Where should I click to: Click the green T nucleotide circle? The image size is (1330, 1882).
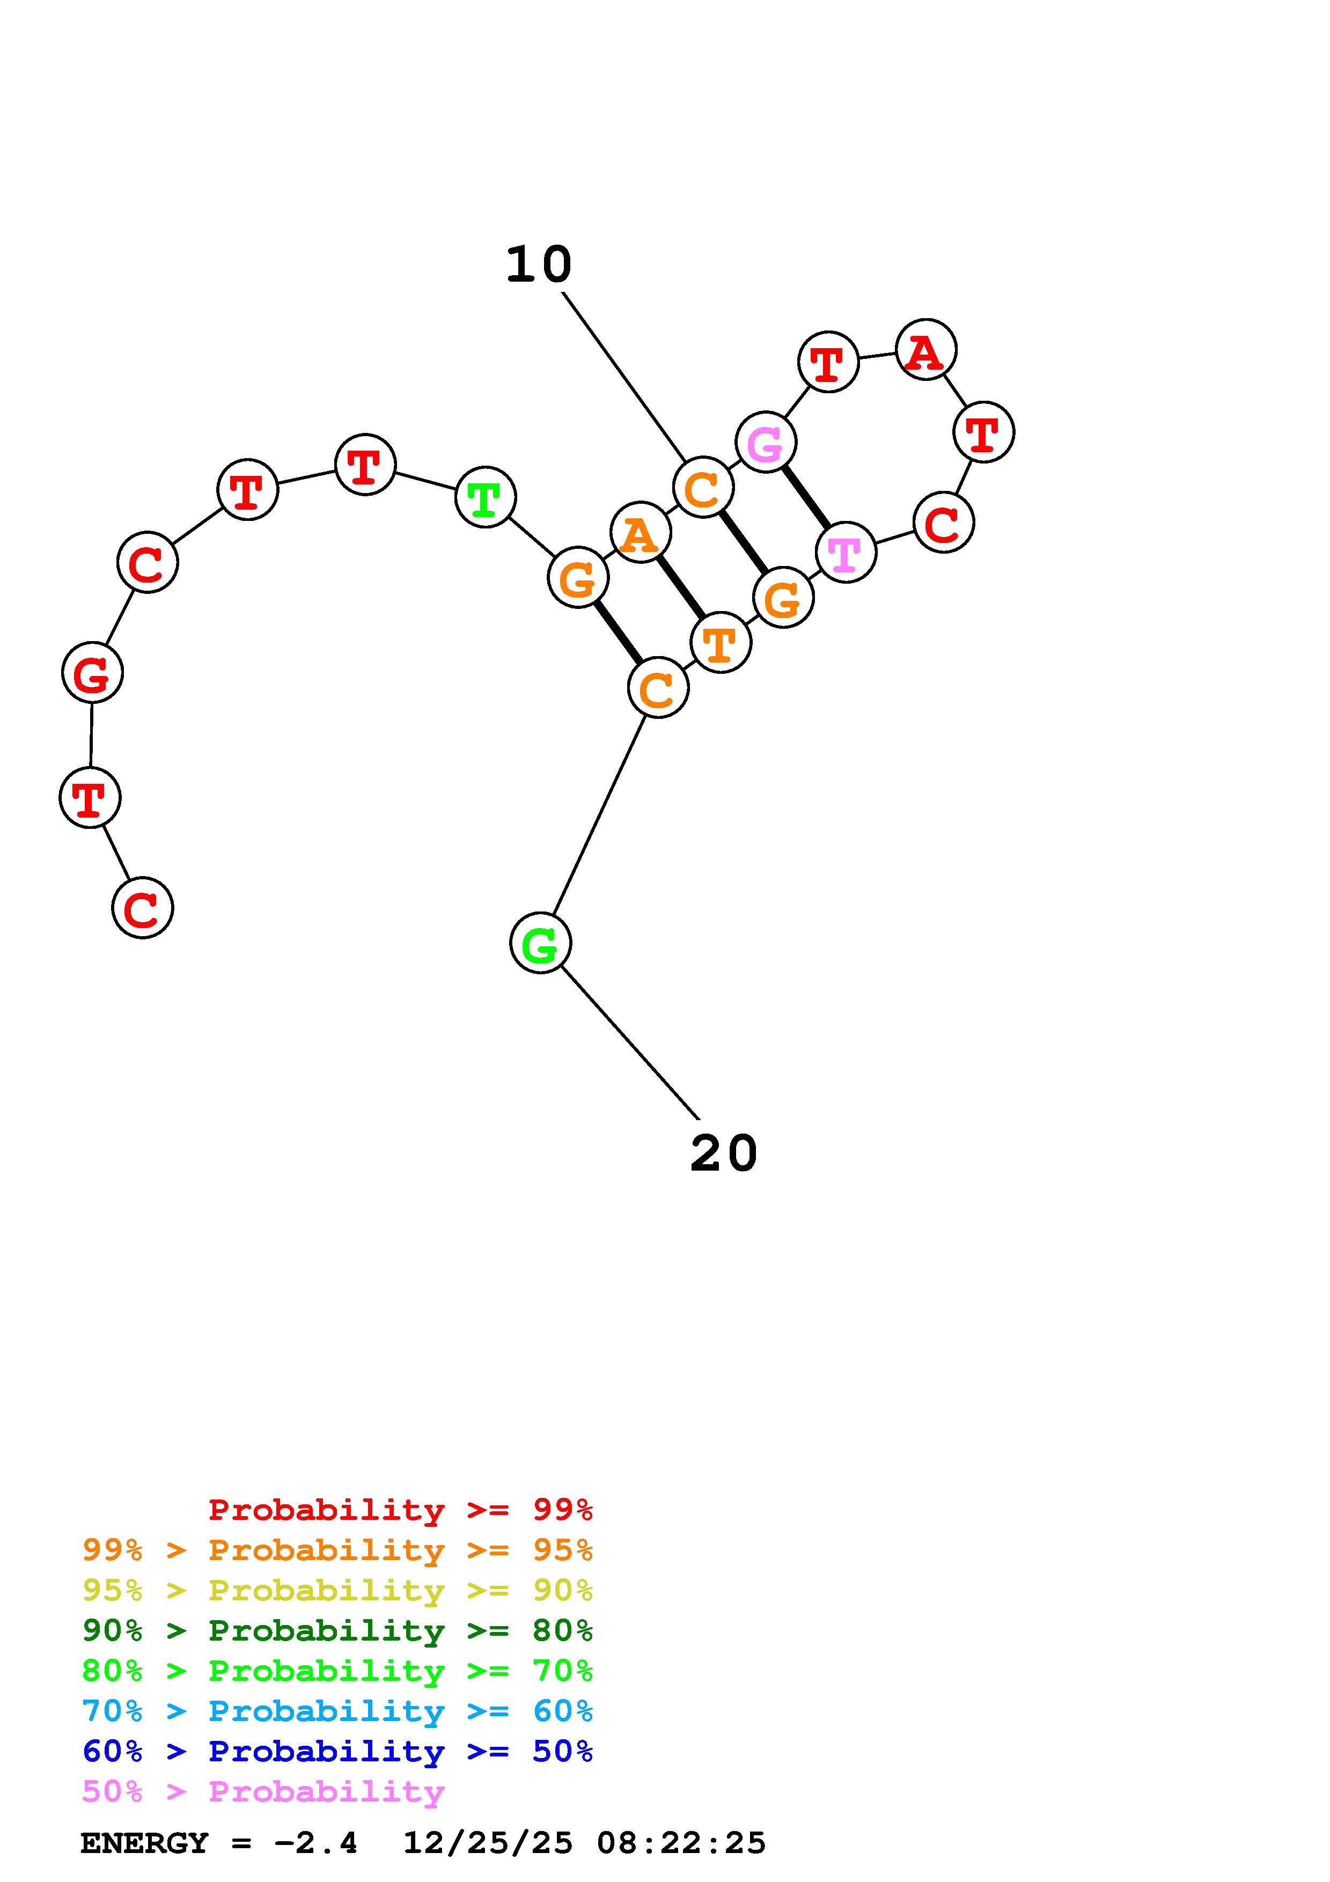tap(485, 497)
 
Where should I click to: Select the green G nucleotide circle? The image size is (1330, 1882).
tap(540, 944)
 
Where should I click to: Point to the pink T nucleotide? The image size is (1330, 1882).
tap(846, 553)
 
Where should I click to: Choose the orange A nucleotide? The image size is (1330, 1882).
tap(641, 534)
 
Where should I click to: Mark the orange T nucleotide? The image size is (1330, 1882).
tap(721, 643)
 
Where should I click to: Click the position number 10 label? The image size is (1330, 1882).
tap(539, 265)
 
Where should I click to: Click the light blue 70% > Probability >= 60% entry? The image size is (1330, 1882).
tap(337, 1711)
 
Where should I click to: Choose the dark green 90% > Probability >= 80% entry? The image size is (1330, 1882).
tap(337, 1631)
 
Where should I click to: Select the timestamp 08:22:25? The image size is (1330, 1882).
tap(681, 1843)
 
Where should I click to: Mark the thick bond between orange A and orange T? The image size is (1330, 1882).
tap(680, 587)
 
